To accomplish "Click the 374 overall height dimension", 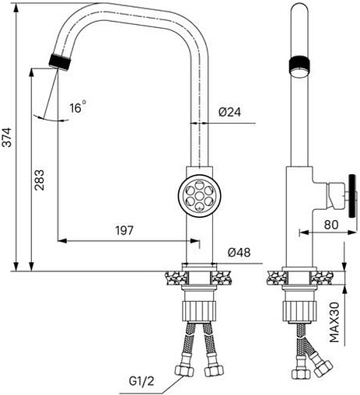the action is pyautogui.click(x=7, y=138).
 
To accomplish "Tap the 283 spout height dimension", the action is pyautogui.click(x=40, y=180).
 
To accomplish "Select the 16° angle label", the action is pyautogui.click(x=78, y=107).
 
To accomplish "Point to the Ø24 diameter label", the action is pyautogui.click(x=229, y=112).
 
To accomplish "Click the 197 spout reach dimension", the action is pyautogui.click(x=124, y=230).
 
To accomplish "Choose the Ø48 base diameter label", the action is pyautogui.click(x=239, y=253).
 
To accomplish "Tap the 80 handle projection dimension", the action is pyautogui.click(x=331, y=225).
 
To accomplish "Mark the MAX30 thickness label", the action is pyautogui.click(x=334, y=322).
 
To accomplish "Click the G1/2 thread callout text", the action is pyautogui.click(x=142, y=381).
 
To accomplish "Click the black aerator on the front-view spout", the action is pyautogui.click(x=60, y=62).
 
